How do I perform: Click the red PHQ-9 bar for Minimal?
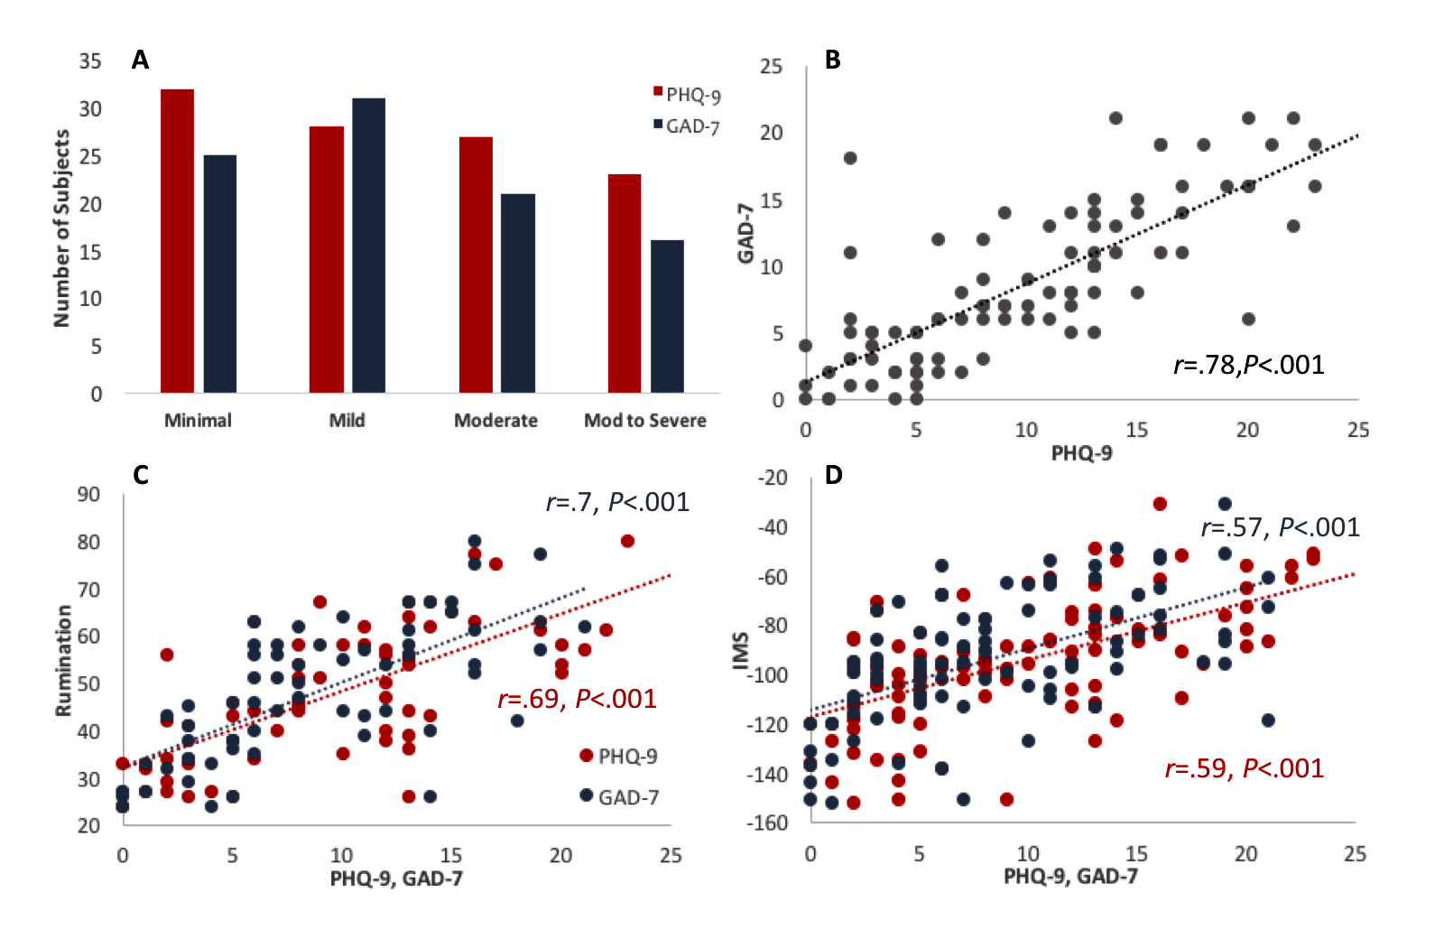(x=177, y=241)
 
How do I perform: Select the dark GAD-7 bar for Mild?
(x=368, y=246)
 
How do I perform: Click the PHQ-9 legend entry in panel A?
(x=687, y=95)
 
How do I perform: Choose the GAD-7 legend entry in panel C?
(x=622, y=797)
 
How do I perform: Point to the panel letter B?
(x=832, y=60)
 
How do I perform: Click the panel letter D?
(x=833, y=475)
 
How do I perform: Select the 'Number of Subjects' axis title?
(x=61, y=228)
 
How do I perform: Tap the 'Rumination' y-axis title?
(x=63, y=660)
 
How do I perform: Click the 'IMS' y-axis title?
(x=741, y=651)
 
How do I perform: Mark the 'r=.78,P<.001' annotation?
(x=1249, y=365)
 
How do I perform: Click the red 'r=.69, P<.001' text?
(x=577, y=699)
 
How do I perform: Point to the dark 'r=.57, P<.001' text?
(x=1280, y=527)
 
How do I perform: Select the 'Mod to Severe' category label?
(x=644, y=421)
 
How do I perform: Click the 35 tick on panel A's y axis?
(x=90, y=61)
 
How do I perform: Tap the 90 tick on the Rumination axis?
(x=88, y=495)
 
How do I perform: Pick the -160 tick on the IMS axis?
(x=767, y=823)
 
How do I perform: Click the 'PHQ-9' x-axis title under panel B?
(x=1081, y=452)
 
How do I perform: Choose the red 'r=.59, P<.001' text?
(x=1245, y=768)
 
